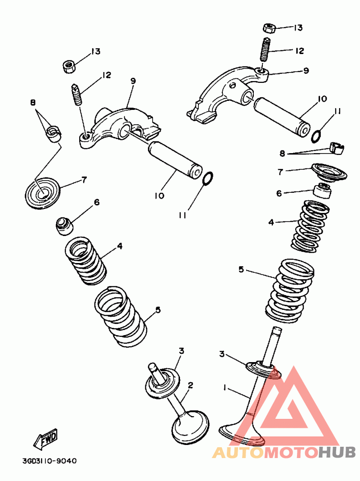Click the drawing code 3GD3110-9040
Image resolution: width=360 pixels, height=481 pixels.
tap(49, 461)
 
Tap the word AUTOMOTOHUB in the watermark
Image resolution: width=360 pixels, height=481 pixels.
tap(284, 452)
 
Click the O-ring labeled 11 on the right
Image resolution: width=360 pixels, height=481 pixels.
tap(317, 134)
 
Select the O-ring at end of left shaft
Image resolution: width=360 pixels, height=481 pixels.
tap(208, 179)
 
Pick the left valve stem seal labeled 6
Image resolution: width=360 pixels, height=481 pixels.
tap(64, 225)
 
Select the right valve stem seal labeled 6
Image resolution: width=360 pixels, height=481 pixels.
tap(323, 191)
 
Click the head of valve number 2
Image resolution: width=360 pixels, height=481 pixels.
tap(190, 427)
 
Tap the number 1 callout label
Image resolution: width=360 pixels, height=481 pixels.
tap(225, 387)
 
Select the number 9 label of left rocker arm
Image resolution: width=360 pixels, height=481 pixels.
tap(133, 81)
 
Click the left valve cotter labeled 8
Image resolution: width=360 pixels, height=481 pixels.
tap(55, 133)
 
